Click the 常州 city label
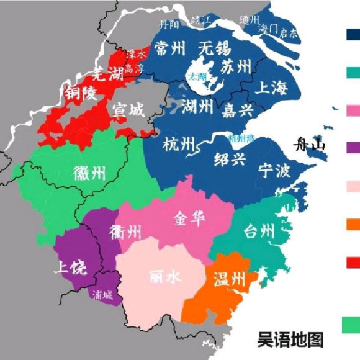tap(170, 48)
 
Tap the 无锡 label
tap(214, 48)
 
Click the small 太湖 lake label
tap(198, 77)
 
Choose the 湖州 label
tap(197, 108)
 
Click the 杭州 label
tap(178, 145)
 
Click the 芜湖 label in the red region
tap(106, 74)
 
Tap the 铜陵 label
tap(79, 94)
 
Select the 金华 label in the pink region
tap(189, 219)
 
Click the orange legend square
tap(352, 224)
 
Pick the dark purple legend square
tap(352, 147)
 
